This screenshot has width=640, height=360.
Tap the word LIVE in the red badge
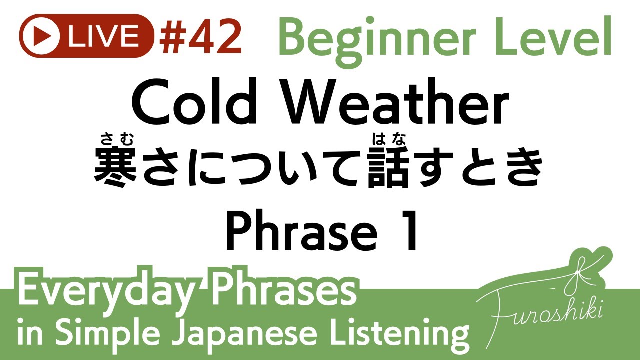pyautogui.click(x=104, y=36)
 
